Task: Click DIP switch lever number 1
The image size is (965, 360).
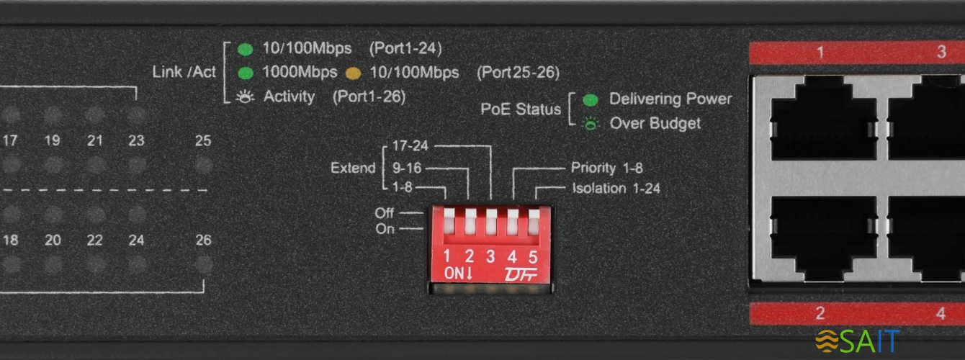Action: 449,221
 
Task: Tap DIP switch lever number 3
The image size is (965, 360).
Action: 491,221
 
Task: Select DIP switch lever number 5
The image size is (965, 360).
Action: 534,221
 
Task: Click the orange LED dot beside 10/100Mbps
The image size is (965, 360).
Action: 354,73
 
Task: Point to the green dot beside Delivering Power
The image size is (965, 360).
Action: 591,100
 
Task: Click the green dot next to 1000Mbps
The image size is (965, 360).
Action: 246,73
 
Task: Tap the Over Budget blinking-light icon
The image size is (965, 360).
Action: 591,124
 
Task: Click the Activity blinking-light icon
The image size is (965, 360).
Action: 245,97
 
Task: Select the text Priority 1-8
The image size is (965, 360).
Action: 606,168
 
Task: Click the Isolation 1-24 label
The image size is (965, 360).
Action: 616,188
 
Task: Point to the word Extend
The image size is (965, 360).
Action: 353,168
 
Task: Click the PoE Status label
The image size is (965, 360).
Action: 521,109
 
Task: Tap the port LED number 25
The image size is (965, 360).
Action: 204,166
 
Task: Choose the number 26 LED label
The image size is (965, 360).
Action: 203,240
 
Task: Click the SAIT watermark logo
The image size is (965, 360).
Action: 857,341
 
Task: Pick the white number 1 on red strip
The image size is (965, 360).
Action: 820,53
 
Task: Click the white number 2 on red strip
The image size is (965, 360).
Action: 820,313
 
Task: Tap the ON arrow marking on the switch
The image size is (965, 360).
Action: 458,273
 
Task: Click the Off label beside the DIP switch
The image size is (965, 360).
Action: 384,212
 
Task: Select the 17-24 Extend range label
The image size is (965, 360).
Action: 410,145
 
